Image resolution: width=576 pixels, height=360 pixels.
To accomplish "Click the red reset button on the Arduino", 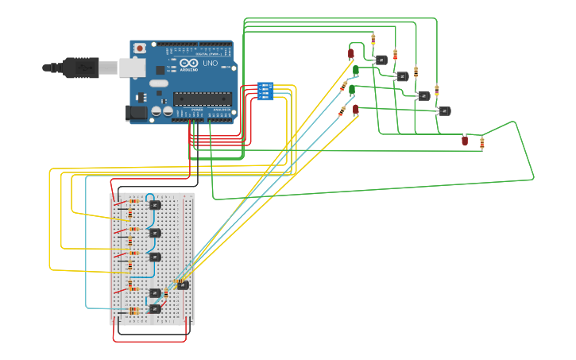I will pyautogui.click(x=140, y=48).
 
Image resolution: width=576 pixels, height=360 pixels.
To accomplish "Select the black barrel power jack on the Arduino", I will pyautogui.click(x=137, y=114).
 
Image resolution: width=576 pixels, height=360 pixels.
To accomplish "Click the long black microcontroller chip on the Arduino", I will pyautogui.click(x=202, y=99).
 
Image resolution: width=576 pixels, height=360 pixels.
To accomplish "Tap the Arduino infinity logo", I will pyautogui.click(x=189, y=63).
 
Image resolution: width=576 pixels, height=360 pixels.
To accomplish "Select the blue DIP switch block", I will pyautogui.click(x=265, y=91).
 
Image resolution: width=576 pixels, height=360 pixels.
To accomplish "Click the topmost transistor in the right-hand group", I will pyautogui.click(x=381, y=60).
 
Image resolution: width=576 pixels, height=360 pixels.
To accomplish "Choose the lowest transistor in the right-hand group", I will pyautogui.click(x=445, y=111).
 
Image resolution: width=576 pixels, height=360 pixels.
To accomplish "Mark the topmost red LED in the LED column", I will pyautogui.click(x=351, y=54).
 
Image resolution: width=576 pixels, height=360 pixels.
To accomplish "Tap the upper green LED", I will pyautogui.click(x=355, y=72).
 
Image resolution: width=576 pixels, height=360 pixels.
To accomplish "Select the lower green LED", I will pyautogui.click(x=352, y=91).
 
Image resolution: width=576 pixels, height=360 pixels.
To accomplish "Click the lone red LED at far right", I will pyautogui.click(x=465, y=141).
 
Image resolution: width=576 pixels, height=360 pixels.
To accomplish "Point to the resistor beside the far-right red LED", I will pyautogui.click(x=481, y=143).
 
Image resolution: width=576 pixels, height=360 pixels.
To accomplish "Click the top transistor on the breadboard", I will pyautogui.click(x=156, y=205).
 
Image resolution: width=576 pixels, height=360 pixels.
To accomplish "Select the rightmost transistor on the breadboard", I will pyautogui.click(x=183, y=285).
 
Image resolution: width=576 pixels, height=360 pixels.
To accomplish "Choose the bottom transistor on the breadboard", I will pyautogui.click(x=155, y=308).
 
